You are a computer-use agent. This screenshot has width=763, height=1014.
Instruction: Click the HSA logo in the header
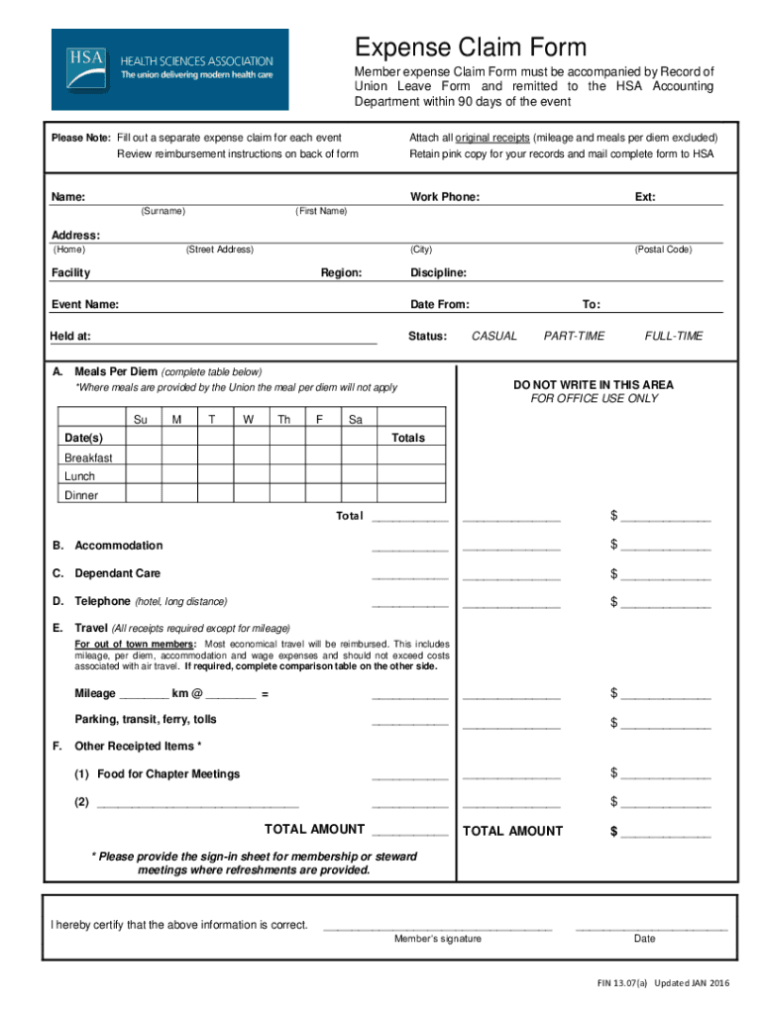click(x=169, y=68)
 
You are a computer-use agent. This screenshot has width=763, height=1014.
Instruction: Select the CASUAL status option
click(x=493, y=337)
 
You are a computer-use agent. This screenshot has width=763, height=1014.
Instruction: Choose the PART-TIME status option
click(x=574, y=337)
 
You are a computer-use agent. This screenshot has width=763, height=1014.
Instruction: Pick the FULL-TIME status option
click(x=673, y=337)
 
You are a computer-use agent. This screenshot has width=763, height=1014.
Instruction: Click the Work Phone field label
click(x=445, y=197)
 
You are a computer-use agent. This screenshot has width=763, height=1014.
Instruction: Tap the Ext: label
click(x=645, y=197)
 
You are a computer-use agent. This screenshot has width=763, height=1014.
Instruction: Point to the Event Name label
click(x=85, y=305)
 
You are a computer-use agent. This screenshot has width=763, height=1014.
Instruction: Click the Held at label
click(x=70, y=337)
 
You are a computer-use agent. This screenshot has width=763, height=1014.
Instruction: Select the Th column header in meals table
click(x=284, y=420)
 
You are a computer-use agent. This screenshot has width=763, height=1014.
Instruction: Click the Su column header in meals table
click(x=141, y=420)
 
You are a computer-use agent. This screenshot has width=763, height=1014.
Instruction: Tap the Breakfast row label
click(x=88, y=458)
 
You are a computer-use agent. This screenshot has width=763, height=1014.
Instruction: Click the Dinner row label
click(x=81, y=495)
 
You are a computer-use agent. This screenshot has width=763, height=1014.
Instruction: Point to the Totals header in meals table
click(x=408, y=438)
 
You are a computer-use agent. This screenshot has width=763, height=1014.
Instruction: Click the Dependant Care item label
click(x=117, y=573)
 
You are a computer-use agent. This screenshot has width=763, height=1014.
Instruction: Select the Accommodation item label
click(x=118, y=546)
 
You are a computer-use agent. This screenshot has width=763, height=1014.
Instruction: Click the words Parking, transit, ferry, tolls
click(x=145, y=719)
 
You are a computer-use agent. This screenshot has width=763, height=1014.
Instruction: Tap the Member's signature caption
click(x=438, y=939)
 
